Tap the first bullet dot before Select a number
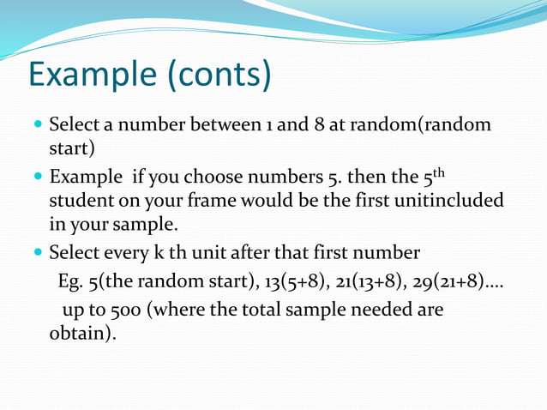point(37,125)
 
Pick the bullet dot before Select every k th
point(37,254)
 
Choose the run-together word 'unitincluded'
point(445,201)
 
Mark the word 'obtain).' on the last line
point(82,332)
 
